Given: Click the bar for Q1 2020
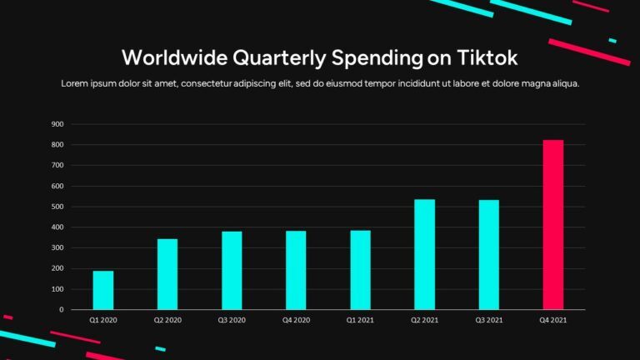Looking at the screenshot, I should point(103,290).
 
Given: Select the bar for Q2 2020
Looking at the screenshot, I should point(167,274).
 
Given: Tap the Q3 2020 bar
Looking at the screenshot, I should point(232,270).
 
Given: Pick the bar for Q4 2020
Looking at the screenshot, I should point(296,270).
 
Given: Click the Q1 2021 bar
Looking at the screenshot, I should point(360,270).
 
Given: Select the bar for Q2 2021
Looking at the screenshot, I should point(425,254).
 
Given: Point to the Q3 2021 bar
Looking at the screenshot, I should point(489,254).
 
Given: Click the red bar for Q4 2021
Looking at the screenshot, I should point(553,225).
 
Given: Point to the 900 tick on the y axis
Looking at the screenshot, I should point(57,124).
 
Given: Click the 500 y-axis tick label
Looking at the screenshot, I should point(57,207).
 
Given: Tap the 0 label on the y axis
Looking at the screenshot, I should point(61,309).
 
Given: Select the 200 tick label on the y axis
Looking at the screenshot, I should point(57,268).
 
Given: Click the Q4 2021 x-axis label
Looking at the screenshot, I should point(553,319).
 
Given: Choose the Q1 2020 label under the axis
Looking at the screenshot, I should point(103,319).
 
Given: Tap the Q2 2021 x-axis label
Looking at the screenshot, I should point(425,319).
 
